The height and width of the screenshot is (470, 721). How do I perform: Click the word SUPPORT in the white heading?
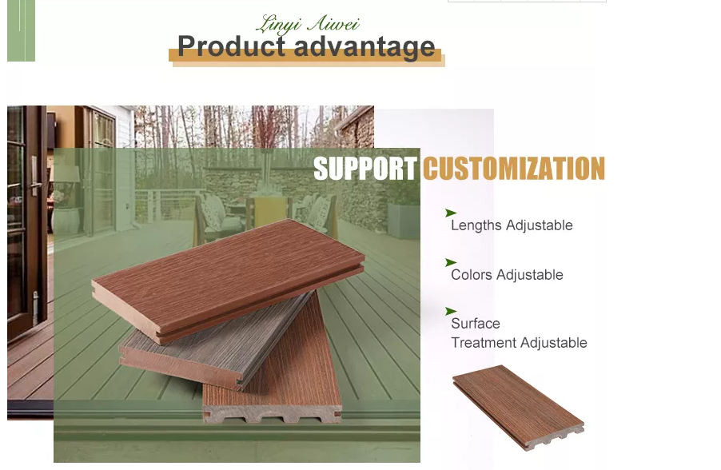point(365,169)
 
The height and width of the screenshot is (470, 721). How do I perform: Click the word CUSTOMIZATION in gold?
point(514,169)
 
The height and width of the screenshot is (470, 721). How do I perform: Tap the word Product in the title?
point(231,46)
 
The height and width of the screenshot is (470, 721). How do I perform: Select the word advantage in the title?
point(364,47)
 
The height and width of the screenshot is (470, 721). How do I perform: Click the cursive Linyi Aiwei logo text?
point(308,24)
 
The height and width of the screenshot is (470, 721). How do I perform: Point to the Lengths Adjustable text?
point(512,225)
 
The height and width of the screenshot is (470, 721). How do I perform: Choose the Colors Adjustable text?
point(507,274)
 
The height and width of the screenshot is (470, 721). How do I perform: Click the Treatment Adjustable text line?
point(519,343)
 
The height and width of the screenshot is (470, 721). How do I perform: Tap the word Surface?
point(475,323)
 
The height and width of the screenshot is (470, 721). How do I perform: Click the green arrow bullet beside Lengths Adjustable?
point(450,213)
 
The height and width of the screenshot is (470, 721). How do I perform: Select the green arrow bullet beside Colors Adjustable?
point(450,262)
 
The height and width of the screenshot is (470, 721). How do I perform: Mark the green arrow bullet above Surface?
point(450,312)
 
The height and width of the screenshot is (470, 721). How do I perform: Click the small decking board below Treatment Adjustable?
point(518,408)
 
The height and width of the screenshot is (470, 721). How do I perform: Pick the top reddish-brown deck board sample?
point(228,280)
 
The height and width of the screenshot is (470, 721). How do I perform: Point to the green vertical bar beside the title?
point(21,30)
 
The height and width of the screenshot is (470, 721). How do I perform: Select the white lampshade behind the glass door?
point(66,173)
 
